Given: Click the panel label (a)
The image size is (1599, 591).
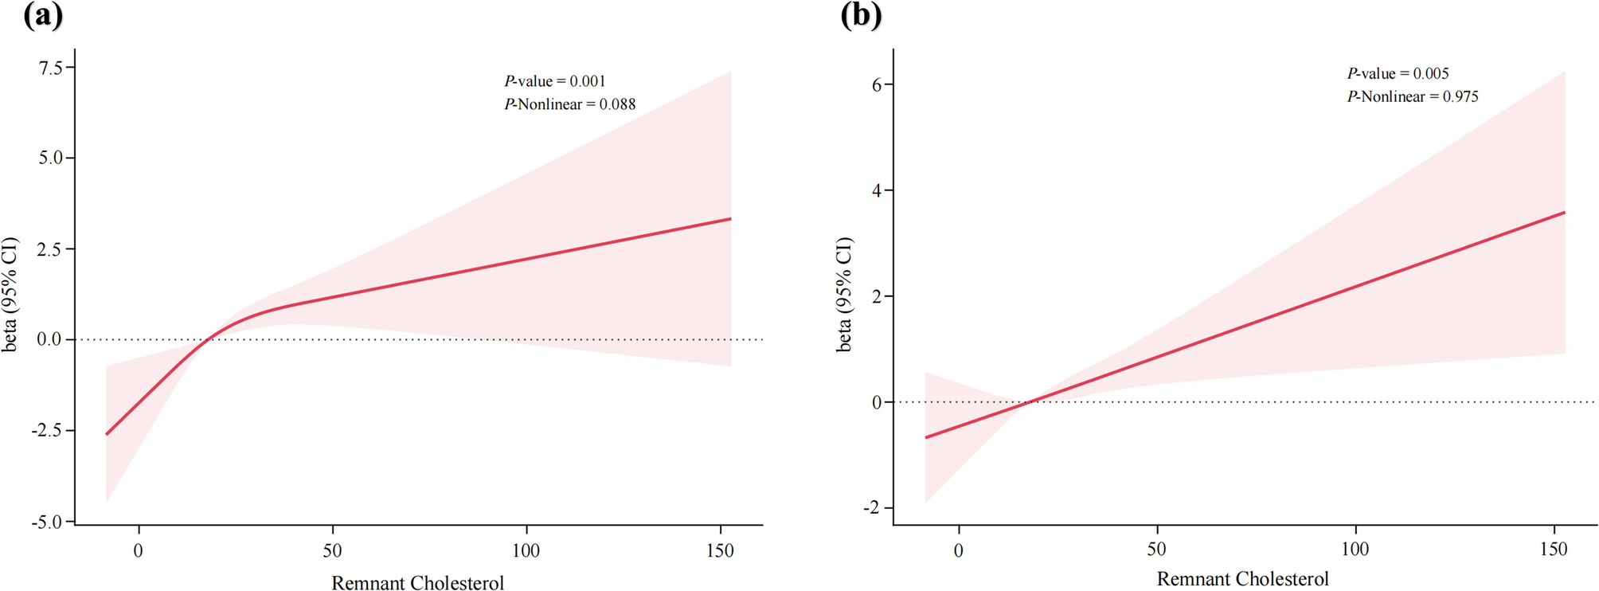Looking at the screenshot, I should click(x=42, y=15).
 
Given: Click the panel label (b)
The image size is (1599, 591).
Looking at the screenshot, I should click(x=861, y=15).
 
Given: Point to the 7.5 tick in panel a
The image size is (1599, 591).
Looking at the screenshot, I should click(x=51, y=68).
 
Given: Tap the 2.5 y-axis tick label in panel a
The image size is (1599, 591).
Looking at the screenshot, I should click(x=51, y=249).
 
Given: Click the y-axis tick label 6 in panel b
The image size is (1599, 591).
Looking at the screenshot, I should click(x=877, y=84).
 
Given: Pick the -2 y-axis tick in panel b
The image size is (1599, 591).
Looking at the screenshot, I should click(x=873, y=508).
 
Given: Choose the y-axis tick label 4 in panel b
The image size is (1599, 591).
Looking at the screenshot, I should click(x=877, y=190).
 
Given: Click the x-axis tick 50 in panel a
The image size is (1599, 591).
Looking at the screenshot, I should click(x=332, y=550).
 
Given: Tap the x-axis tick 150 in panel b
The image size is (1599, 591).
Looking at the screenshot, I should click(x=1554, y=549).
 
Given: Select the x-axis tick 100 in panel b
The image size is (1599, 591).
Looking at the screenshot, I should click(x=1355, y=549).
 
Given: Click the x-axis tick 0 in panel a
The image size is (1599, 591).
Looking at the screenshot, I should click(x=139, y=550).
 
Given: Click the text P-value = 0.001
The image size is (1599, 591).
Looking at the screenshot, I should click(x=555, y=81).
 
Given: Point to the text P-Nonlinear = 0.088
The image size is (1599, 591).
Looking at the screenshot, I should click(x=570, y=104).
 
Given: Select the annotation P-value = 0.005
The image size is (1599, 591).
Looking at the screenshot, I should click(x=1398, y=73).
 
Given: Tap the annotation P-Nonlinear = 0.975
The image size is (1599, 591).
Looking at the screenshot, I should click(x=1413, y=96).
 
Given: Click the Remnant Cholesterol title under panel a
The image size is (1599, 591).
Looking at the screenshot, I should click(x=417, y=583).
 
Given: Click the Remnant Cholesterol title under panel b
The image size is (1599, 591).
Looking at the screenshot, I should click(x=1242, y=579).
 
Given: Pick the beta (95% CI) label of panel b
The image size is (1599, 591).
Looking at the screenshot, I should click(x=844, y=295).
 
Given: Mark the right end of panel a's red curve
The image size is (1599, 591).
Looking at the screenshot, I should click(x=730, y=219).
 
